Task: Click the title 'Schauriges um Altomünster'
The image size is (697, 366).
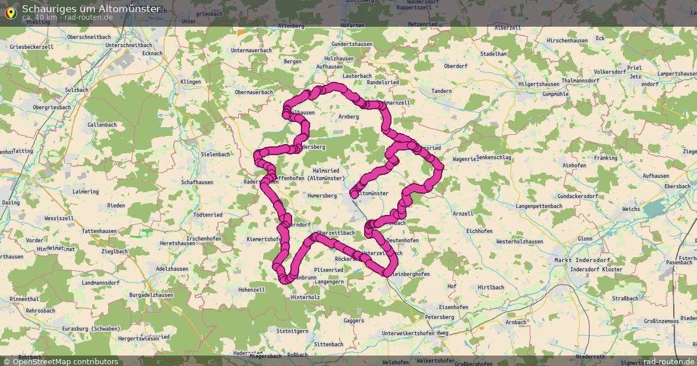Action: click(91, 9)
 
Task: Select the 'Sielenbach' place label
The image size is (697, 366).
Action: click(215, 155)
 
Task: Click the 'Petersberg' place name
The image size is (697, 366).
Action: click(439, 317)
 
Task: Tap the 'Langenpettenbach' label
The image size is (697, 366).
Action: click(538, 206)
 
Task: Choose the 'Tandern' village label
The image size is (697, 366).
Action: click(441, 91)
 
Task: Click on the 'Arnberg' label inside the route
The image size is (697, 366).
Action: click(348, 117)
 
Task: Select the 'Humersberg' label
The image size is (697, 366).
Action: click(322, 196)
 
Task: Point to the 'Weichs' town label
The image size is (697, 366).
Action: click(631, 209)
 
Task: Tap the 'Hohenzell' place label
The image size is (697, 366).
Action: click(252, 289)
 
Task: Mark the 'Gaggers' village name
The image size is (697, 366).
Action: click(354, 320)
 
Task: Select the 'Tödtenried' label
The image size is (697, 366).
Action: click(207, 214)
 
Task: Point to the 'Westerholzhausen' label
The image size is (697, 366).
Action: click(519, 241)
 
